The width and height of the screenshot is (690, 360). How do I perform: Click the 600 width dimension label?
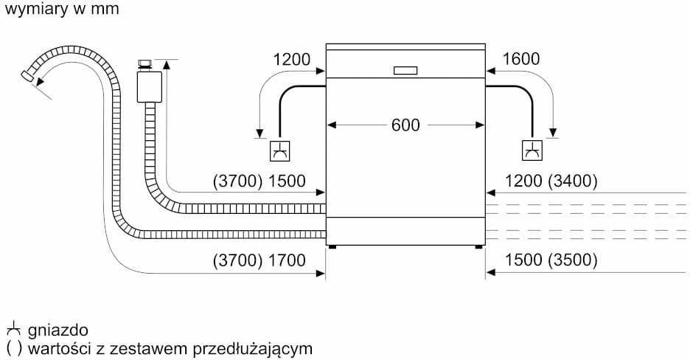tap(405, 125)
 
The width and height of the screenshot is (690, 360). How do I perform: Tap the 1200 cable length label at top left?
tap(292, 60)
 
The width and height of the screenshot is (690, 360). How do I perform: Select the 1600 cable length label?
tap(520, 60)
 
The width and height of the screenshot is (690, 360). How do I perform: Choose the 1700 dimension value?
tap(287, 260)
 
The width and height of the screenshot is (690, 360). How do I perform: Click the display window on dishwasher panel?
tap(405, 71)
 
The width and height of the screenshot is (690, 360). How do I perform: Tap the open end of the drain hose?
tap(28, 76)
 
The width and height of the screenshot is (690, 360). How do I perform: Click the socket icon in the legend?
tap(13, 329)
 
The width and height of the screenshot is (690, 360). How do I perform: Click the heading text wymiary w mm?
tap(60, 10)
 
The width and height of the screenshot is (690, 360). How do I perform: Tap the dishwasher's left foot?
tap(332, 247)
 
